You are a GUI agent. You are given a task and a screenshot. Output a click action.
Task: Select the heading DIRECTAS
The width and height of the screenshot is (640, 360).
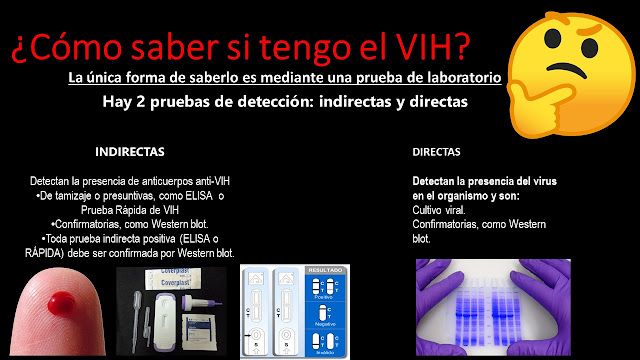tap(436, 153)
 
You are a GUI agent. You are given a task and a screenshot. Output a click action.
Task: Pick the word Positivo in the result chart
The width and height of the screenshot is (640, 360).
tap(324, 297)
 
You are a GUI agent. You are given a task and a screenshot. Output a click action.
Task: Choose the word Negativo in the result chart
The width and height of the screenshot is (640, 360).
tap(324, 325)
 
